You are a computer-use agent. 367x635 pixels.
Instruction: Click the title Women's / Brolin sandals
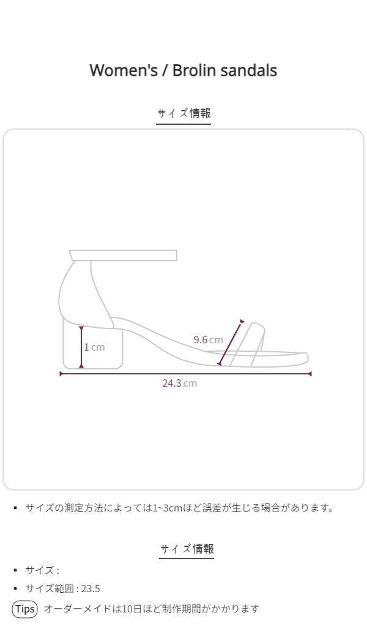pos(183,70)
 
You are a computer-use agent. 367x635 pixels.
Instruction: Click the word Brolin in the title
pos(194,70)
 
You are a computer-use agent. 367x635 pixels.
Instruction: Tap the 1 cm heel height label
pos(94,347)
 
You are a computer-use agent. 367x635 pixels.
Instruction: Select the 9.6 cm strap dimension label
pos(208,340)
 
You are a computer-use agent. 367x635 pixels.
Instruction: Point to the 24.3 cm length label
pos(180,383)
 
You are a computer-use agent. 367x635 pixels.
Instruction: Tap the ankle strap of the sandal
pos(123,256)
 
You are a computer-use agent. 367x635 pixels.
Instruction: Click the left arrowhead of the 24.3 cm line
pos(62,374)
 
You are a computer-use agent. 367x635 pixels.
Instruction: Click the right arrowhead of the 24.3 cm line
pos(310,374)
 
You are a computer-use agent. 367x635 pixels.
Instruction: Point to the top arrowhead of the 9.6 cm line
pos(242,322)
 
